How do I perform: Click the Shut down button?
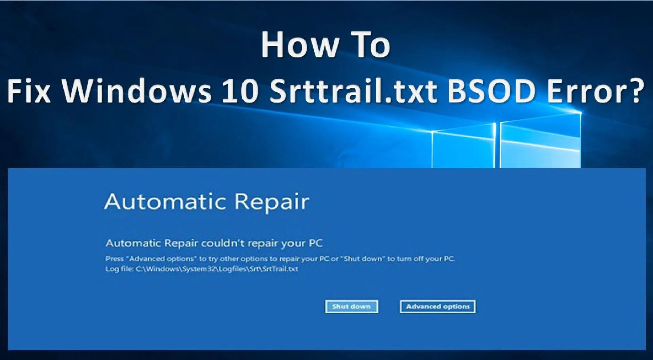[351, 307]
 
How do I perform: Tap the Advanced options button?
[438, 307]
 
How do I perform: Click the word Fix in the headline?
[29, 91]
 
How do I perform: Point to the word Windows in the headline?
[136, 91]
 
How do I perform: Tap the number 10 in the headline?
[240, 91]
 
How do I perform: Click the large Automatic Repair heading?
[207, 202]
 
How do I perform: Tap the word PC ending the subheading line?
[316, 243]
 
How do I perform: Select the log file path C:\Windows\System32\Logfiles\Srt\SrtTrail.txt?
[217, 269]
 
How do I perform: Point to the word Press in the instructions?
[115, 259]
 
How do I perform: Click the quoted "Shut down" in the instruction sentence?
[363, 259]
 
